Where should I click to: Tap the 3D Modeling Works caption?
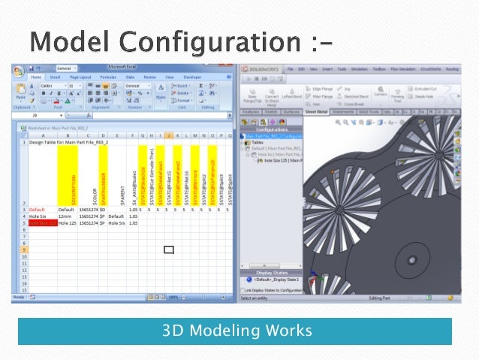tap(235, 331)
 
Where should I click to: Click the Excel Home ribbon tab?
tap(35, 77)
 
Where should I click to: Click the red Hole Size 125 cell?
tap(43, 222)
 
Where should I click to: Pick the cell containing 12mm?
tap(65, 216)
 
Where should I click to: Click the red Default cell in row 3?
tap(38, 210)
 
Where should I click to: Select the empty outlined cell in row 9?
tap(168, 249)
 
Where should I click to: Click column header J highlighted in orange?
tap(168, 135)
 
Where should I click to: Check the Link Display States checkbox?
tap(243, 289)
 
